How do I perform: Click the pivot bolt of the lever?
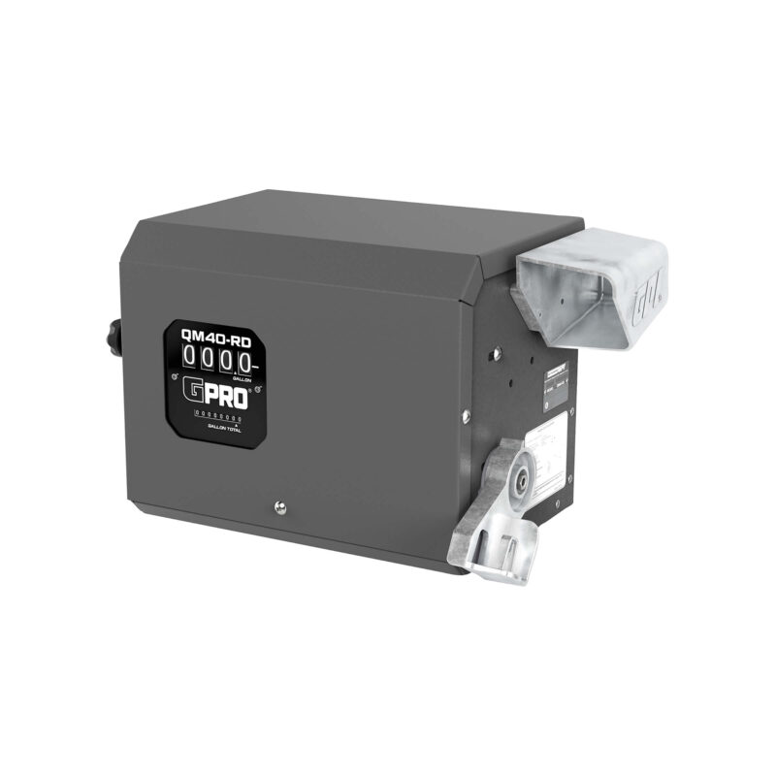click(523, 476)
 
